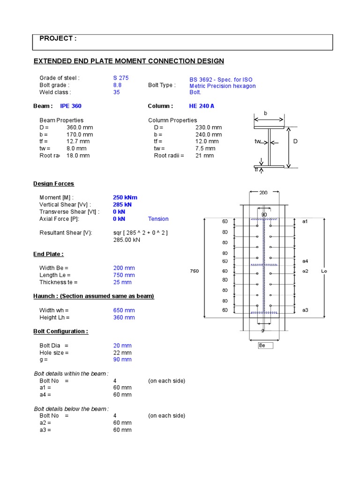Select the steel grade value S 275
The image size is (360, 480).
[x=120, y=78]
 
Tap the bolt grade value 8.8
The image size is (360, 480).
[x=117, y=85]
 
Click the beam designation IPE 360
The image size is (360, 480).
[x=70, y=106]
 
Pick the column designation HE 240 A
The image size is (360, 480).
[x=202, y=106]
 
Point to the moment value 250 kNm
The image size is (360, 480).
[x=125, y=197]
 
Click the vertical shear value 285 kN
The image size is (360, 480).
[x=122, y=204]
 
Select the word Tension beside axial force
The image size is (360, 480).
[x=158, y=219]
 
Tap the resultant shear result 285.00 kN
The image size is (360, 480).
[x=127, y=240]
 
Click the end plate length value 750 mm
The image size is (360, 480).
[x=124, y=275]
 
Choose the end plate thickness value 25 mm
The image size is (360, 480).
[x=122, y=282]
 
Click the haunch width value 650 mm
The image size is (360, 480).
[x=124, y=310]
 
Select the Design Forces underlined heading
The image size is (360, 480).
[x=53, y=184]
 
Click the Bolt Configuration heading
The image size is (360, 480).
[x=60, y=331]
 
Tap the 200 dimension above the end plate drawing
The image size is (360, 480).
[x=264, y=192]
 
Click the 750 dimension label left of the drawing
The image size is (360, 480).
[x=194, y=271]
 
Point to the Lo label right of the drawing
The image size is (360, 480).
[x=324, y=271]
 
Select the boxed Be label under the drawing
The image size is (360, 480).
[x=262, y=345]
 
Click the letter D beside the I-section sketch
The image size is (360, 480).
[x=295, y=141]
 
